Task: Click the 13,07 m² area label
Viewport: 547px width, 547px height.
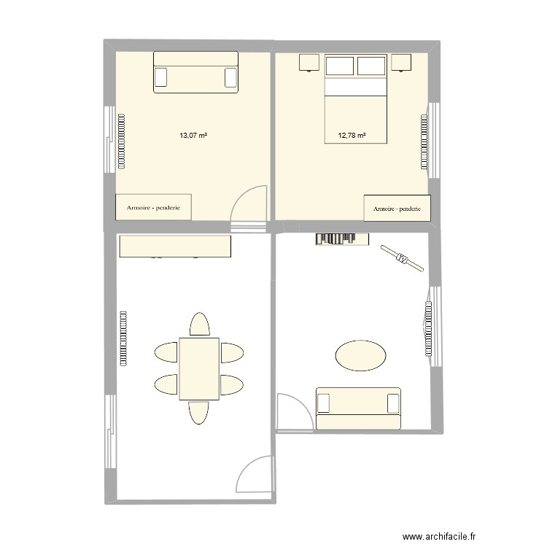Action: [x=193, y=135]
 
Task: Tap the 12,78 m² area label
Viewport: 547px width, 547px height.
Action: [x=351, y=135]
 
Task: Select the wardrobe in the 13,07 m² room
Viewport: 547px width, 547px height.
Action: [x=154, y=206]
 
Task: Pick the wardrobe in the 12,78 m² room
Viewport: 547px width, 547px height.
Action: [x=397, y=208]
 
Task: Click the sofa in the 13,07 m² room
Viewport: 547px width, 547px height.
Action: [x=195, y=72]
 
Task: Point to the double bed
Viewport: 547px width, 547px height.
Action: [x=354, y=98]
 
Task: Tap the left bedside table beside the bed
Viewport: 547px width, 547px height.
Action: [x=309, y=63]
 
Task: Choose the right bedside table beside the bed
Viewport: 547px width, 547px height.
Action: [x=401, y=63]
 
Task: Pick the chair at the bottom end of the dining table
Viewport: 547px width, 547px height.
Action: [x=199, y=412]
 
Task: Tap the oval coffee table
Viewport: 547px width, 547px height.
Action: [x=360, y=356]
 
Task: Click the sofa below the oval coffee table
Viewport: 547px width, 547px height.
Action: [x=358, y=408]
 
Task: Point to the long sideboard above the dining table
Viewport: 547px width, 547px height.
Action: [x=175, y=247]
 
